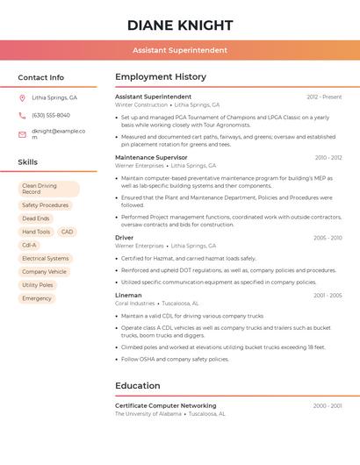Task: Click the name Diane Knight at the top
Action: click(x=180, y=25)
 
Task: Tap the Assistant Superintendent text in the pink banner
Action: click(x=180, y=51)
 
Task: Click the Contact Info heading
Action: click(x=41, y=77)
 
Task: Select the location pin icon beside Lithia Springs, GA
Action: click(x=22, y=98)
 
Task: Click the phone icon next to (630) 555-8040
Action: click(x=22, y=115)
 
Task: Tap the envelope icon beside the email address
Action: click(x=22, y=134)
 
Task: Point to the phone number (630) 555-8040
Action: click(x=51, y=115)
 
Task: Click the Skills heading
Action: click(x=28, y=162)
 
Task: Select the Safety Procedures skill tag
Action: click(x=45, y=205)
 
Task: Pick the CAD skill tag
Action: click(x=67, y=232)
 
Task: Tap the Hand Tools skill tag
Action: click(x=36, y=232)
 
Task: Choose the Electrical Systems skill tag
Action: click(x=46, y=259)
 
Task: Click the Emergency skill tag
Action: click(x=37, y=298)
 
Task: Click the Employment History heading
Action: click(x=161, y=77)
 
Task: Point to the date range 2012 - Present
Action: click(x=324, y=97)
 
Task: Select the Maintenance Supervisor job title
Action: click(x=151, y=157)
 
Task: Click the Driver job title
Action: click(x=125, y=237)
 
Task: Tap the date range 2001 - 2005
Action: click(x=328, y=296)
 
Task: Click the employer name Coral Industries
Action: click(x=134, y=304)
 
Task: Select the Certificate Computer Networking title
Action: click(x=166, y=405)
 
